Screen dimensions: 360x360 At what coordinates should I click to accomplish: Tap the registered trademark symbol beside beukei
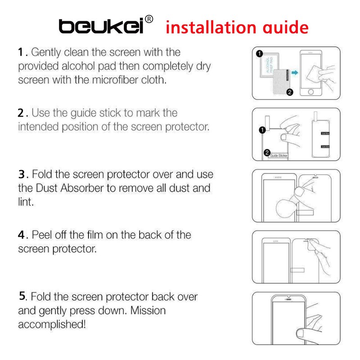click(x=150, y=19)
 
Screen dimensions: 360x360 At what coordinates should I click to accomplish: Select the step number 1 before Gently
click(x=21, y=52)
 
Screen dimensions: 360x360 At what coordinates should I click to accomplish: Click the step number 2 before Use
click(x=21, y=112)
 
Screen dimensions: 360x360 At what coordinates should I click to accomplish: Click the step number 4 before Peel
click(x=21, y=234)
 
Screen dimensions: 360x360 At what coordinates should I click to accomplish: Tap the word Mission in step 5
click(x=148, y=310)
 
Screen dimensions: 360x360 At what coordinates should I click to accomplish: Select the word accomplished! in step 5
click(x=52, y=324)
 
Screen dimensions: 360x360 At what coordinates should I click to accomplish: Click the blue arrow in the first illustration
click(x=294, y=72)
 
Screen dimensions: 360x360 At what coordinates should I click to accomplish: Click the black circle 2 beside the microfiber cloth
click(x=290, y=92)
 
